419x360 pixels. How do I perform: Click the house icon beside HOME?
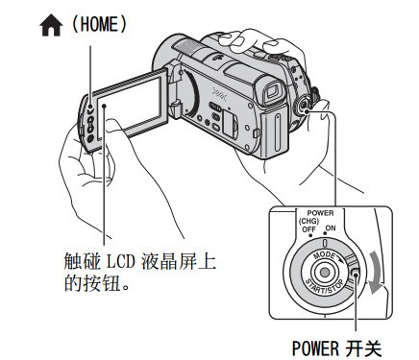[51, 26]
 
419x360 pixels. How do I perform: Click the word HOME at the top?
[99, 24]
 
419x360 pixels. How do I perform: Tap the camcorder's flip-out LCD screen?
[132, 105]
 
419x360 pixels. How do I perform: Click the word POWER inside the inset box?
[320, 213]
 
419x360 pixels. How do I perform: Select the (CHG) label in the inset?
[308, 221]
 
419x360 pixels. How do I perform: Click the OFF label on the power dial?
[308, 229]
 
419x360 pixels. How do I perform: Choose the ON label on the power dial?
[331, 228]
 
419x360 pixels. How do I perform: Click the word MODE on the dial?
[325, 255]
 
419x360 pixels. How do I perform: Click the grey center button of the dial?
[325, 272]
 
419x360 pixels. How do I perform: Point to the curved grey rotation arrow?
[375, 272]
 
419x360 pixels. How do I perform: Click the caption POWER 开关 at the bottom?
[336, 348]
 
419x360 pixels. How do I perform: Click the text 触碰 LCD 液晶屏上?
[140, 262]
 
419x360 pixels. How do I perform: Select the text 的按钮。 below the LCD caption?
[97, 283]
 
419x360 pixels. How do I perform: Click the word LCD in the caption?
[121, 262]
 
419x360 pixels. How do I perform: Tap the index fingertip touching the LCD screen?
[112, 124]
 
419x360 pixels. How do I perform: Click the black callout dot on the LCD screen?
[104, 106]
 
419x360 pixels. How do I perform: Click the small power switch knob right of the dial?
[356, 273]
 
